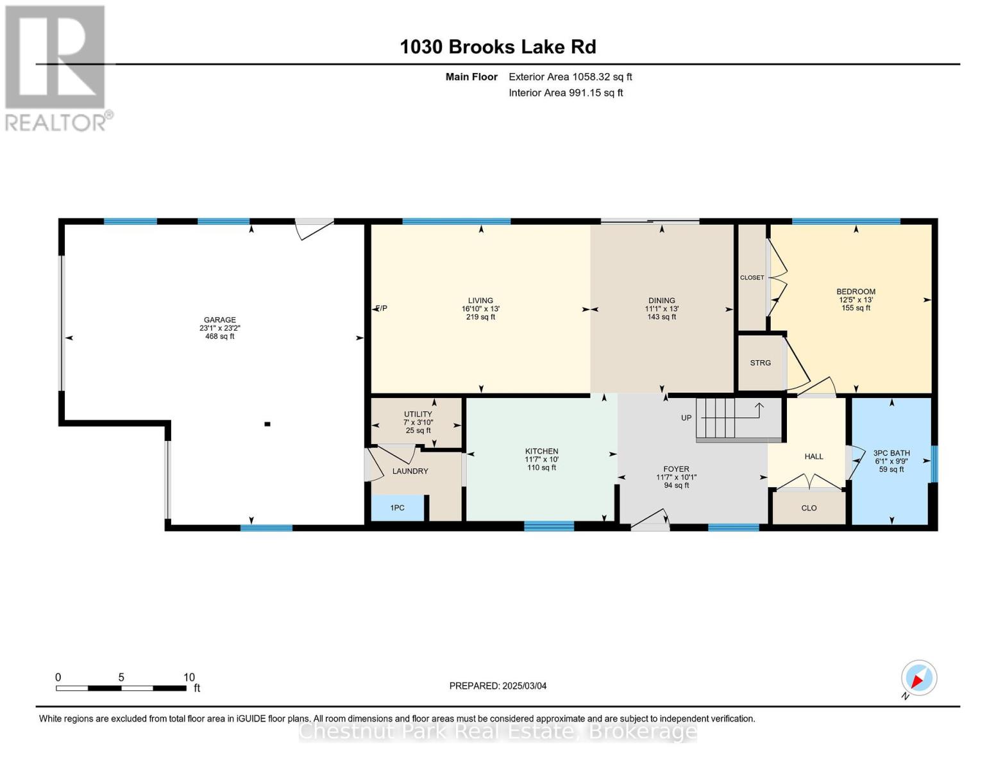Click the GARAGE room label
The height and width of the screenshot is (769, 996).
[219, 320]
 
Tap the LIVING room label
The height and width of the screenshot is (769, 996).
[480, 301]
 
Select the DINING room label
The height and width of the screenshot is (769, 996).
[661, 301]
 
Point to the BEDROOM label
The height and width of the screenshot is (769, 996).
[856, 292]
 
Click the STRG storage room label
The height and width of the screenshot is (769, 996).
[761, 363]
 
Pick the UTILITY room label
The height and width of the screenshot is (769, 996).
[418, 414]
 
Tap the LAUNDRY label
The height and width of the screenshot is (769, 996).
[410, 471]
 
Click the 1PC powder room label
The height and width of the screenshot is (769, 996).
[398, 508]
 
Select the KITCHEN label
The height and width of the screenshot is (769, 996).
[542, 451]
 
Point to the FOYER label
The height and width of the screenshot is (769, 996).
[676, 468]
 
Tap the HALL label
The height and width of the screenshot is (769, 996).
[814, 456]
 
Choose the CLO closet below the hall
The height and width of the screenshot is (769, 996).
[809, 508]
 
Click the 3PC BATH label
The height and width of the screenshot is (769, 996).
[891, 453]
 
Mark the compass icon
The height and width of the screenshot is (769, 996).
[918, 678]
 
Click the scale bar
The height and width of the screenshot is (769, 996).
[121, 688]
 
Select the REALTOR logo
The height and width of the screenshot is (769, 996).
[58, 69]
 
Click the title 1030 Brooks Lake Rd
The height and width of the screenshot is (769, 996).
[498, 47]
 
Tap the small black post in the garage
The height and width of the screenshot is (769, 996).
[267, 424]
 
